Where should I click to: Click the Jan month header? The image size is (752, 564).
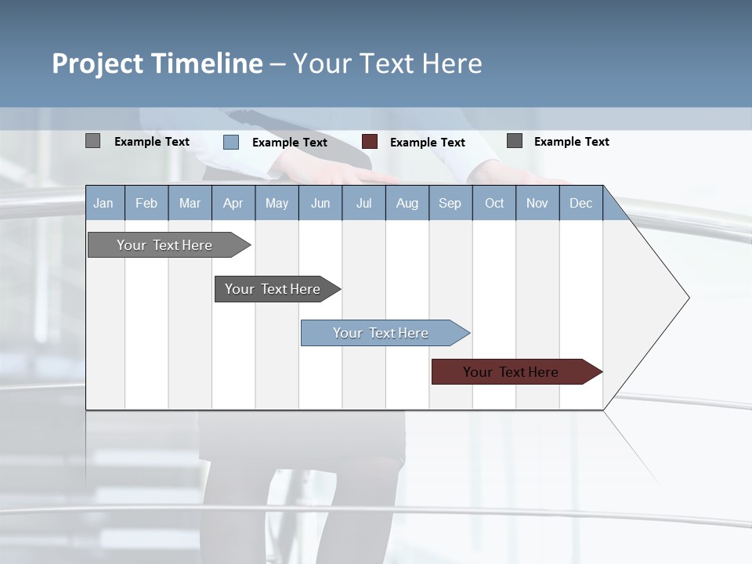pos(103,203)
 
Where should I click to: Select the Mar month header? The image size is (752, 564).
pos(190,203)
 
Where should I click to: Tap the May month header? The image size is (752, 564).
pos(277,203)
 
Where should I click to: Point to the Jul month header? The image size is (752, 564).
pos(363,203)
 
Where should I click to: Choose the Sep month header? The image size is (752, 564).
pos(450,203)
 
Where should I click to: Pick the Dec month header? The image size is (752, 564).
pos(580,203)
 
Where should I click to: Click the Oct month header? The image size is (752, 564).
pos(494,203)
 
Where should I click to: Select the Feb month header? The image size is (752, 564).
pos(146,203)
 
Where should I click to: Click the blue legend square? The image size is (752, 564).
pos(231,142)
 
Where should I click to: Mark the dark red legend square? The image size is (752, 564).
pos(370,142)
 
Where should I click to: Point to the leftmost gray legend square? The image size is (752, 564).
pos(92,141)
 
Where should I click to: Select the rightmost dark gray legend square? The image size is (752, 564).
pos(515,141)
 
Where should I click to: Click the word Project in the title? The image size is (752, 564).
pos(99,63)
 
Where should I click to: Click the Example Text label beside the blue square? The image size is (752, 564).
pos(290,143)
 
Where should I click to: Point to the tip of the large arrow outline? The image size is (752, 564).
pos(689,298)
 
